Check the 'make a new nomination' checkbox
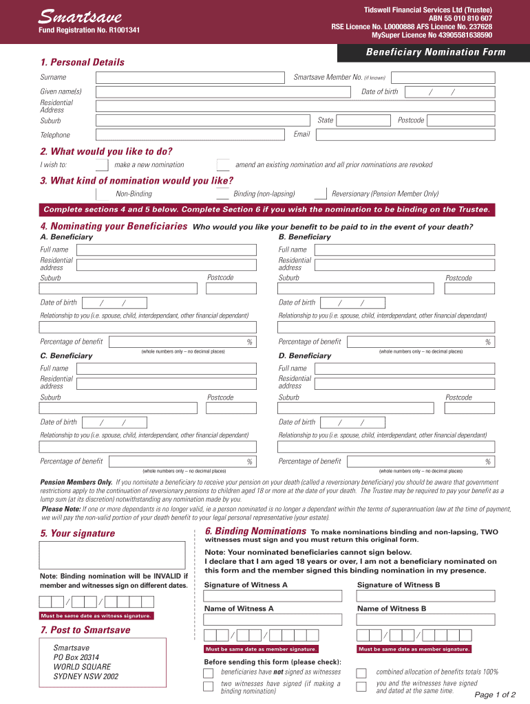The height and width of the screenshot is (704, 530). coord(102,165)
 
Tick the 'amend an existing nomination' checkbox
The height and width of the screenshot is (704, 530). coord(223,165)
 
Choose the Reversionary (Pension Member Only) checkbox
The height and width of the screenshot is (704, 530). coord(320,194)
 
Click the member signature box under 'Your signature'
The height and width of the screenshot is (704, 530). coord(112,555)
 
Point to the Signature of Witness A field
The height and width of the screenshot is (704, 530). coord(273,596)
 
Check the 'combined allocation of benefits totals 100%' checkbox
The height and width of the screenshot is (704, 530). coord(361,672)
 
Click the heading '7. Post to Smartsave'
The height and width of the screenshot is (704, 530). coord(85,630)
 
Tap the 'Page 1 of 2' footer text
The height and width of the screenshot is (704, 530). coord(495,694)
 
